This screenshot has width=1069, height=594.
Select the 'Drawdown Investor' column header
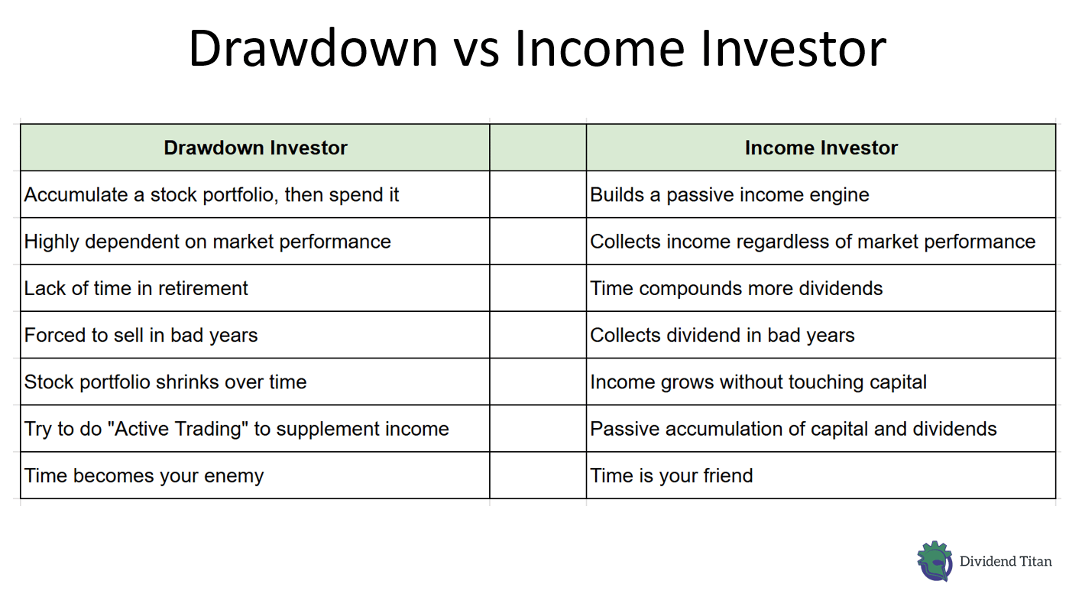(x=255, y=148)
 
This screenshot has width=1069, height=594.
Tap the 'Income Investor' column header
(x=821, y=148)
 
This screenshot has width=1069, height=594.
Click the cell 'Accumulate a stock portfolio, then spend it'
(x=212, y=195)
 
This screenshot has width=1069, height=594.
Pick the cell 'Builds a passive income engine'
(x=730, y=195)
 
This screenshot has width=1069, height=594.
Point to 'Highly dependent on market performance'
(x=208, y=242)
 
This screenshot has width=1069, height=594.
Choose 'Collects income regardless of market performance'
(x=813, y=242)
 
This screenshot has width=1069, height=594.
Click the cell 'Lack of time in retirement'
(x=136, y=288)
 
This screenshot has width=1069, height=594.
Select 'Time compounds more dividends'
(x=737, y=288)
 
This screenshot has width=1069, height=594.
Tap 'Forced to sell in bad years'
(x=141, y=335)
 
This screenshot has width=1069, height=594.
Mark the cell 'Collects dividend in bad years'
(x=722, y=335)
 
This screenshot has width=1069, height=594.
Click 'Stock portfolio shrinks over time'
(x=165, y=382)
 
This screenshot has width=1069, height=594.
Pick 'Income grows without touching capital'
(x=758, y=382)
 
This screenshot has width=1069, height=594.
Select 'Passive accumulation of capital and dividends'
(x=793, y=429)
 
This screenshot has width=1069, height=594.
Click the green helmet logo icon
(x=934, y=562)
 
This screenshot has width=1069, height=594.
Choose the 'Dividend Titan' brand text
(x=1006, y=562)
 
